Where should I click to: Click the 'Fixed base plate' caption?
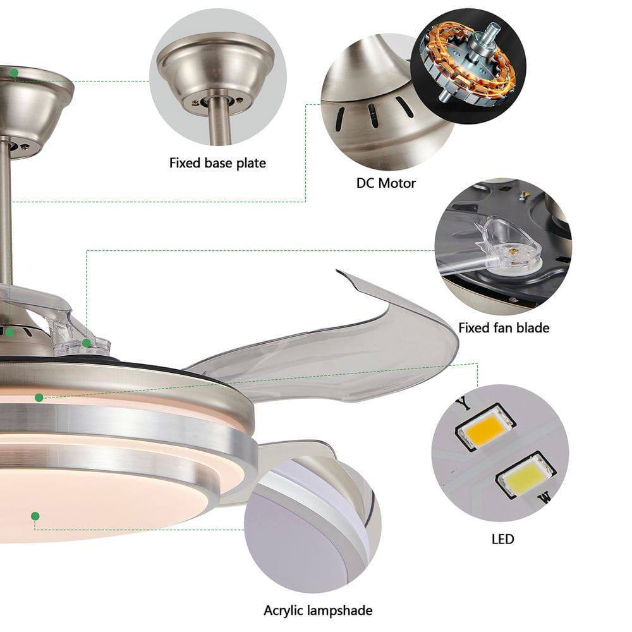coord(217,163)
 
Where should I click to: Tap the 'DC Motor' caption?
coord(386,183)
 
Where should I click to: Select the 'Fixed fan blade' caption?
coord(504,327)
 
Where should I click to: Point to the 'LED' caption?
coord(502,539)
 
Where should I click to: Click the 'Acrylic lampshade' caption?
coord(318,611)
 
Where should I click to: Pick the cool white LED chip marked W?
coord(525,475)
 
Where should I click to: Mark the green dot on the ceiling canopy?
coord(14,73)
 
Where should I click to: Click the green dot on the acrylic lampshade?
coord(35,516)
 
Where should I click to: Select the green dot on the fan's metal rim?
coord(39,398)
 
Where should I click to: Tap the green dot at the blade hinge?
coord(87,343)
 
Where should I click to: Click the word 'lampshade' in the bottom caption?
coord(341,611)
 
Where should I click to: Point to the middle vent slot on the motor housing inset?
coord(374,116)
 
